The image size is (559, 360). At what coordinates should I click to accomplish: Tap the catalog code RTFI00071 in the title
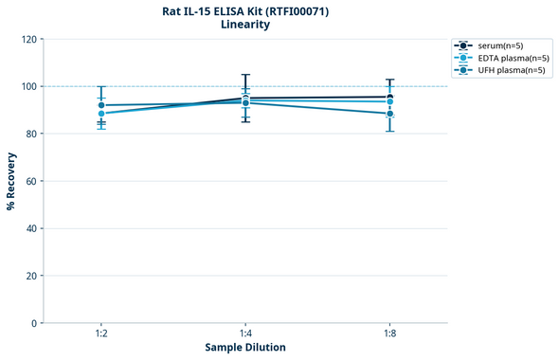[298, 11]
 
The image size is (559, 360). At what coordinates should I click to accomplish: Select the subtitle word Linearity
[244, 25]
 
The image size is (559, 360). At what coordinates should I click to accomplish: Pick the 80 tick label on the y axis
[30, 134]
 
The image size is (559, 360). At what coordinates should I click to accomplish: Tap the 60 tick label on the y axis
[30, 181]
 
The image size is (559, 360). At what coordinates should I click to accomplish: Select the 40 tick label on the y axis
[30, 228]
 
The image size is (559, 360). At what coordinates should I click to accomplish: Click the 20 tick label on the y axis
[30, 276]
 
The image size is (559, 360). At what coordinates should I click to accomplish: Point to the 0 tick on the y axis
[33, 323]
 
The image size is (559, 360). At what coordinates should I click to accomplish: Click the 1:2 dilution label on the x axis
[101, 333]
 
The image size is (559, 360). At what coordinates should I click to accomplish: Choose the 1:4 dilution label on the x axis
[245, 333]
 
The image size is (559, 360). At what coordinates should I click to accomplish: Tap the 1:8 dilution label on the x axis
[389, 333]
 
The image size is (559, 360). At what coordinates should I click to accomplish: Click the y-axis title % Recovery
[11, 180]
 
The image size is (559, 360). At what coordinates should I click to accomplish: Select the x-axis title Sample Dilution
[245, 348]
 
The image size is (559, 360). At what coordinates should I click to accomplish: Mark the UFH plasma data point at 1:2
[101, 105]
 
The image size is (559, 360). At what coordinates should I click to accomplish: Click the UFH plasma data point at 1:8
[389, 114]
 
